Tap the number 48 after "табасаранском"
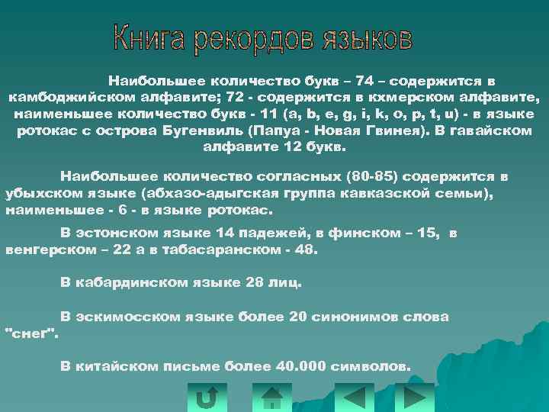point(307,249)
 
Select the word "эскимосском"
point(131,317)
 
